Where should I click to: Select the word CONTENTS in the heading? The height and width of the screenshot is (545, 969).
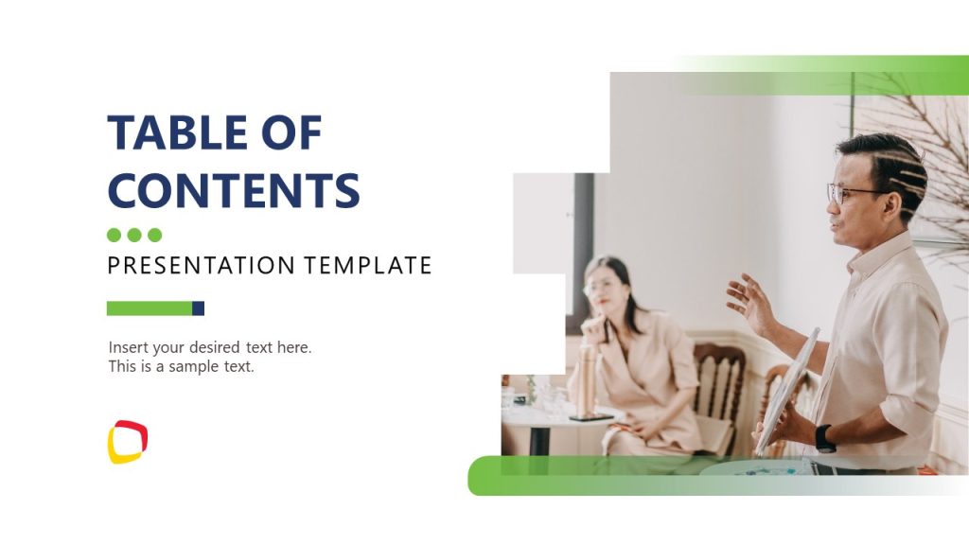pyautogui.click(x=233, y=189)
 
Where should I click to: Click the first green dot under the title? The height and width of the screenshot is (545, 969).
pyautogui.click(x=115, y=235)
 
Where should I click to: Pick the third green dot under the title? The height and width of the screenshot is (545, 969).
pyautogui.click(x=155, y=235)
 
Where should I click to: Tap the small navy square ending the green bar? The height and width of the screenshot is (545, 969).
pyautogui.click(x=199, y=308)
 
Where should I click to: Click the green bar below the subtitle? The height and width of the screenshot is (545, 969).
pyautogui.click(x=150, y=308)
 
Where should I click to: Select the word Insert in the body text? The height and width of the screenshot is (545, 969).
pyautogui.click(x=129, y=347)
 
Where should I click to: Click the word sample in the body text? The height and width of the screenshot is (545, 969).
pyautogui.click(x=194, y=366)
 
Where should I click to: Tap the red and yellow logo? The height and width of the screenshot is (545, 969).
pyautogui.click(x=128, y=442)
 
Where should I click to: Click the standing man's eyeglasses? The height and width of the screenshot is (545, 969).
pyautogui.click(x=852, y=194)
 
